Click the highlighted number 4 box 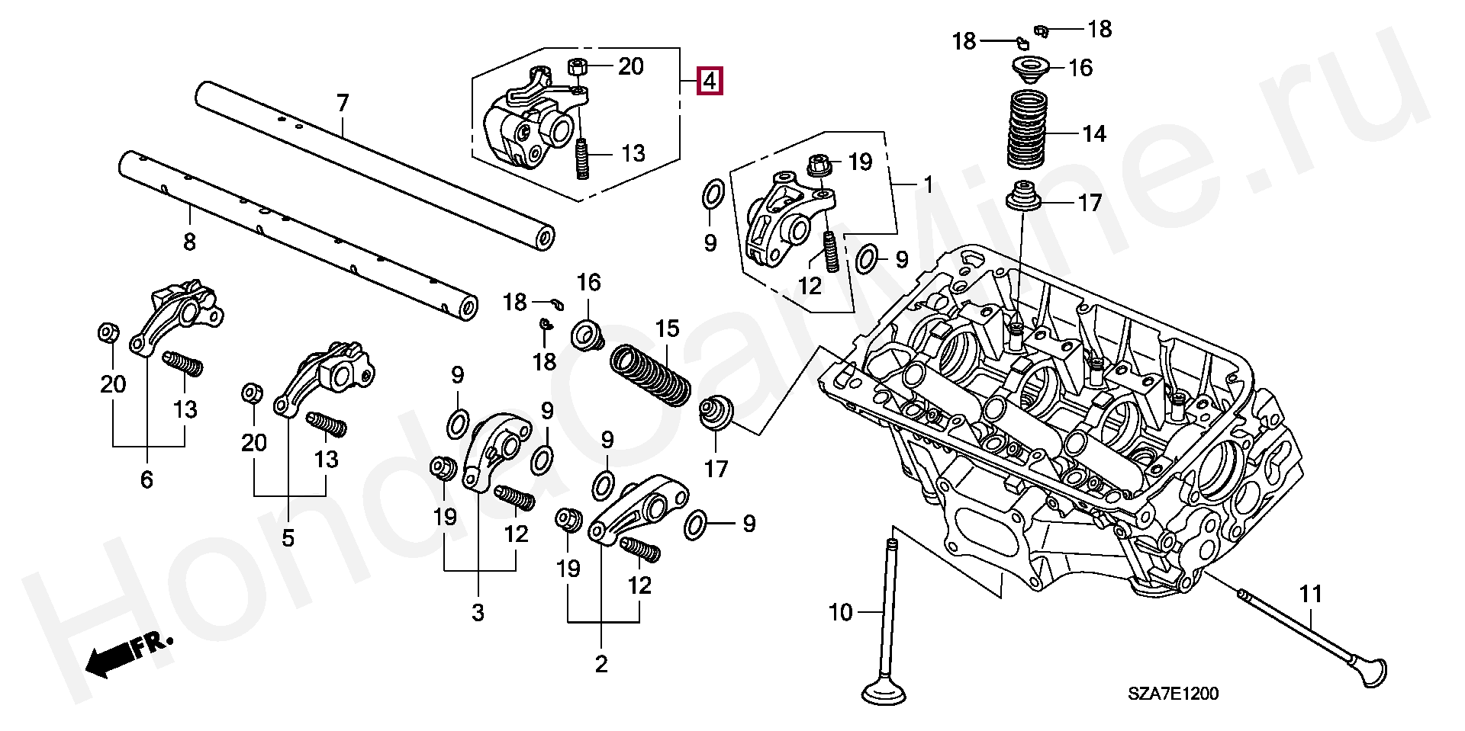coord(710,80)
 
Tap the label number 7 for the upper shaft coord(343,103)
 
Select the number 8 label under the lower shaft coord(189,242)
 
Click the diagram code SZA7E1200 coord(1174,694)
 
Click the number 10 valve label coord(840,613)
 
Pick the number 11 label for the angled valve coord(1310,594)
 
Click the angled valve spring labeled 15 coord(651,375)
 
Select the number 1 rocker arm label coord(928,184)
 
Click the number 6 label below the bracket coord(146,479)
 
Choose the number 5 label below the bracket coord(288,538)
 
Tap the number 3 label coord(478,613)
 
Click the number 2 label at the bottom coord(601,664)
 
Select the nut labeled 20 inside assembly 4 coord(578,66)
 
